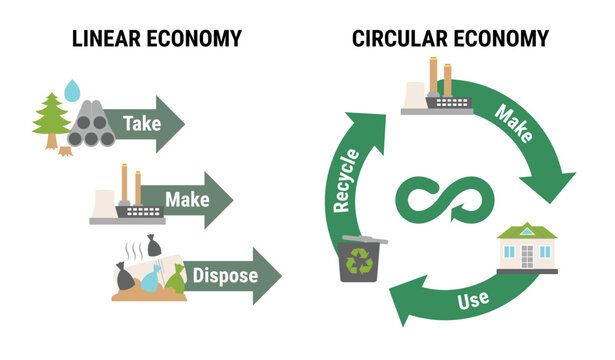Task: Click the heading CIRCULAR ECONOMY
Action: [450, 39]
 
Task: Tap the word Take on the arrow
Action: [142, 125]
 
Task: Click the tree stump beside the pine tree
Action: [66, 152]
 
